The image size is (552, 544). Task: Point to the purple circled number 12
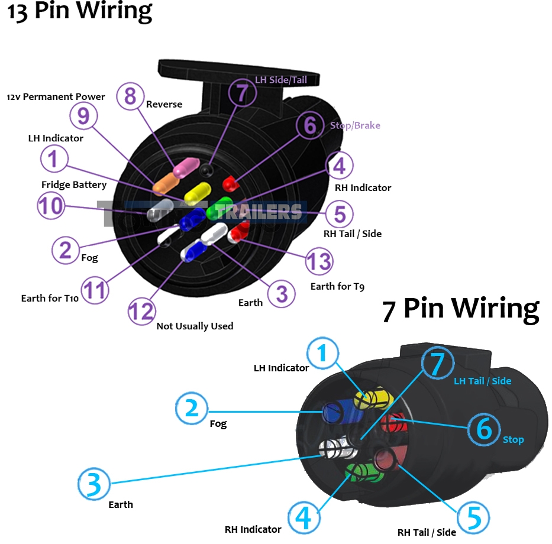141,311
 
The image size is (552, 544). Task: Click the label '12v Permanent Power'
56,96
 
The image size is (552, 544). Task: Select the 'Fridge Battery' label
74,185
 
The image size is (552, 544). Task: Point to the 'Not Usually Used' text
195,326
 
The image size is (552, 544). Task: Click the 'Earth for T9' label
337,287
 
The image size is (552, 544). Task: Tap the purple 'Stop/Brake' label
355,125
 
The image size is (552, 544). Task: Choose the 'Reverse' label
164,105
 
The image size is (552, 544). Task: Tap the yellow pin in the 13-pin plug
198,192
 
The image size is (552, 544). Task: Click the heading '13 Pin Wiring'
79,12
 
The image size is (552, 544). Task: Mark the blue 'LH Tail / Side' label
482,381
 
